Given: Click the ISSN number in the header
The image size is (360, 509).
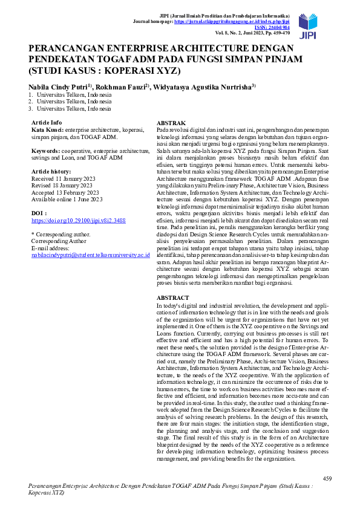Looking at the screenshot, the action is (x=272, y=27).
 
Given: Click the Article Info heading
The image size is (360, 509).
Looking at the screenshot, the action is (x=47, y=123).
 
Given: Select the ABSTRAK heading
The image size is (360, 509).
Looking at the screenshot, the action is (x=170, y=123).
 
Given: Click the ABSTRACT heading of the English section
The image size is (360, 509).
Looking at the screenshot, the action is (x=172, y=298).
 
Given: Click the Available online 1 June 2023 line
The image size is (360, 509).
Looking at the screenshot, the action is (x=67, y=199).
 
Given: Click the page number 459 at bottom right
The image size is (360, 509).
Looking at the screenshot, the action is (x=327, y=478).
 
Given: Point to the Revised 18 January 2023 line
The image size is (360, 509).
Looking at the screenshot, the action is (x=63, y=186).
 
